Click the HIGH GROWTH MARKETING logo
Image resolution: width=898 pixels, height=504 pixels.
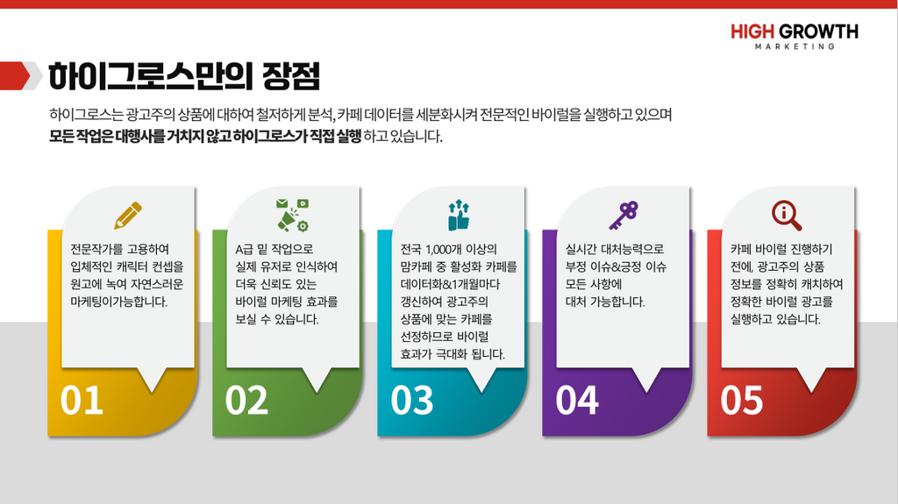(x=795, y=36)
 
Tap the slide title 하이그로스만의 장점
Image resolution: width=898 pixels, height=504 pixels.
(x=184, y=76)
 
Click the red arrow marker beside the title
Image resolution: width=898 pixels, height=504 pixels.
(x=16, y=75)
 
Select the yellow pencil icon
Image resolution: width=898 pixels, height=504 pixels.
(x=128, y=216)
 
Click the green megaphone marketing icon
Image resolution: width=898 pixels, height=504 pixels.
(x=293, y=215)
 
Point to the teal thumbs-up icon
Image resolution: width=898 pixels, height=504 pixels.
(x=458, y=215)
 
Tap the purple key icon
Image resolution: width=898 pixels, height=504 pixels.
(x=624, y=216)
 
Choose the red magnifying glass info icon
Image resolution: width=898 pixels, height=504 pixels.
(x=787, y=216)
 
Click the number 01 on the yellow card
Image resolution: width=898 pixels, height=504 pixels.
(x=82, y=401)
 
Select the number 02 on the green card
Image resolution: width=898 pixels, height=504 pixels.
(x=246, y=401)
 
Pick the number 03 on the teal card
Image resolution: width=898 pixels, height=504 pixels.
(x=412, y=401)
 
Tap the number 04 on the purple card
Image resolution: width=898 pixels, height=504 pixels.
(x=577, y=401)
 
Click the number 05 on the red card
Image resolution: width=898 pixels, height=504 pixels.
(x=742, y=401)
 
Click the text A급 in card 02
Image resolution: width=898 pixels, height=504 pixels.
(x=245, y=249)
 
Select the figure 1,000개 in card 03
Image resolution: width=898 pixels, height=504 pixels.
(x=445, y=250)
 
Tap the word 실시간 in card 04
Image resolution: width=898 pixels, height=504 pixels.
(x=581, y=249)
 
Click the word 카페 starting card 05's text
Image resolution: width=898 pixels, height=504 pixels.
(x=740, y=249)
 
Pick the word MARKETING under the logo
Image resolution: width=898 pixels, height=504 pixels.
(x=795, y=46)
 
